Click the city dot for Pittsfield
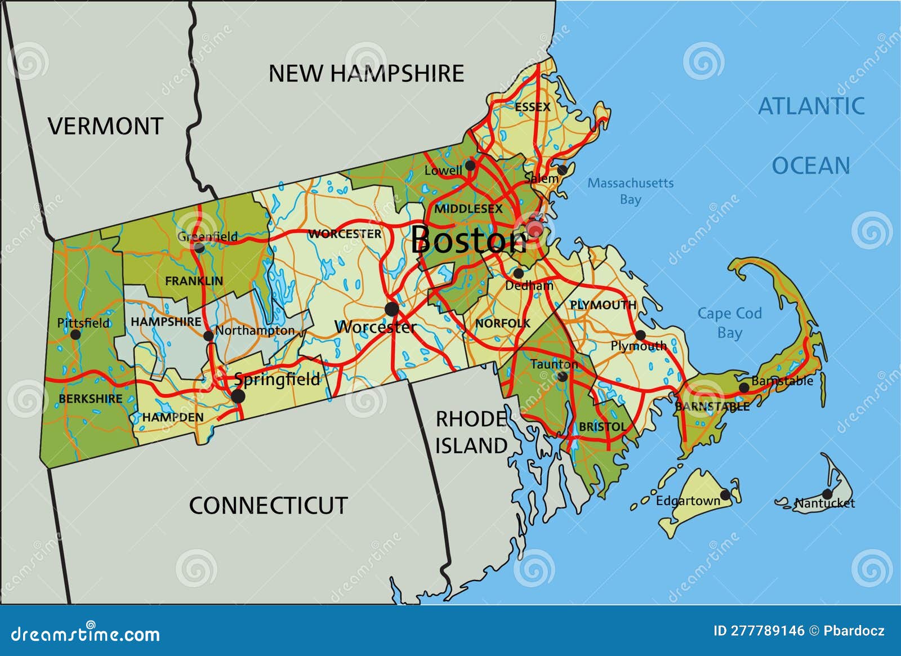pos(75,334)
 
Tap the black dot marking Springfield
pos(238,396)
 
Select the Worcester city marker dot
pos(391,309)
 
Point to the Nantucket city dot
pos(827,494)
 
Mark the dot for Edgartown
pos(726,495)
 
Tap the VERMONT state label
pos(105,126)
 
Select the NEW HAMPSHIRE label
pos(366,74)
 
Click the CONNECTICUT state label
pos(268,506)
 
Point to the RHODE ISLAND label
pos(472,432)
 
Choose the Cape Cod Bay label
pos(729,323)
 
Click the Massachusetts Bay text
pos(630,191)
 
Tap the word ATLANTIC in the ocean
pos(811,106)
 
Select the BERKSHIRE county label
pos(90,399)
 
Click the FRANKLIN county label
pos(194,280)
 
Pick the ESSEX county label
pos(532,106)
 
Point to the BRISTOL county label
pos(602,427)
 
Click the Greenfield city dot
pos(199,247)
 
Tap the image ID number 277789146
pos(759,631)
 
